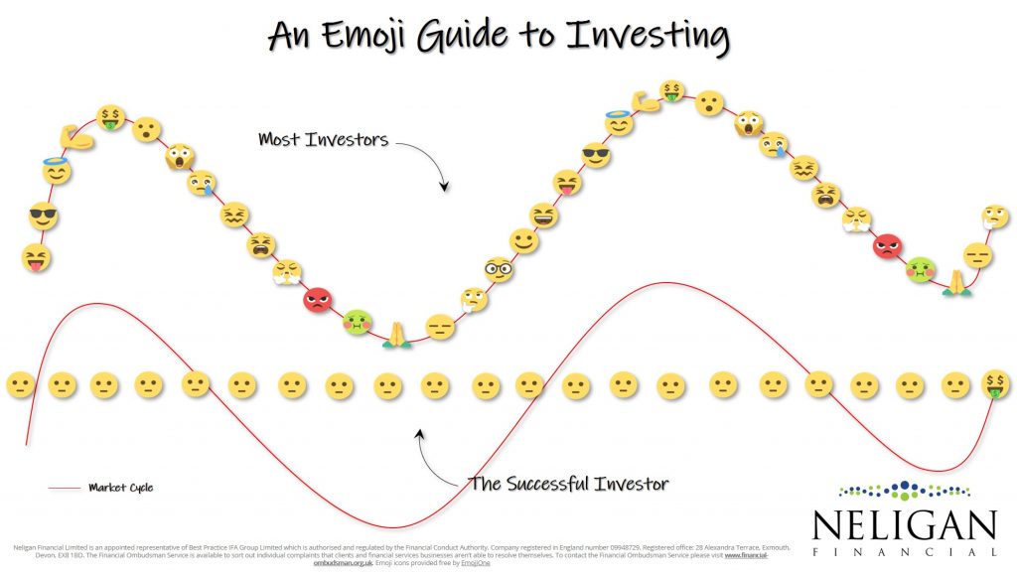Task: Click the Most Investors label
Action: (x=323, y=140)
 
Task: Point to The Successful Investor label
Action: (x=567, y=484)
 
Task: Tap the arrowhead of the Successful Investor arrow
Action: (x=421, y=433)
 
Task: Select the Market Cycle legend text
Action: (x=120, y=488)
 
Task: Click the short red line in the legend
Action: (x=64, y=488)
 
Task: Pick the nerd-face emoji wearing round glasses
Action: (x=499, y=268)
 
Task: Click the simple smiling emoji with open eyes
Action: (x=524, y=240)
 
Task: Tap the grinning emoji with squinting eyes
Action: (x=544, y=215)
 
